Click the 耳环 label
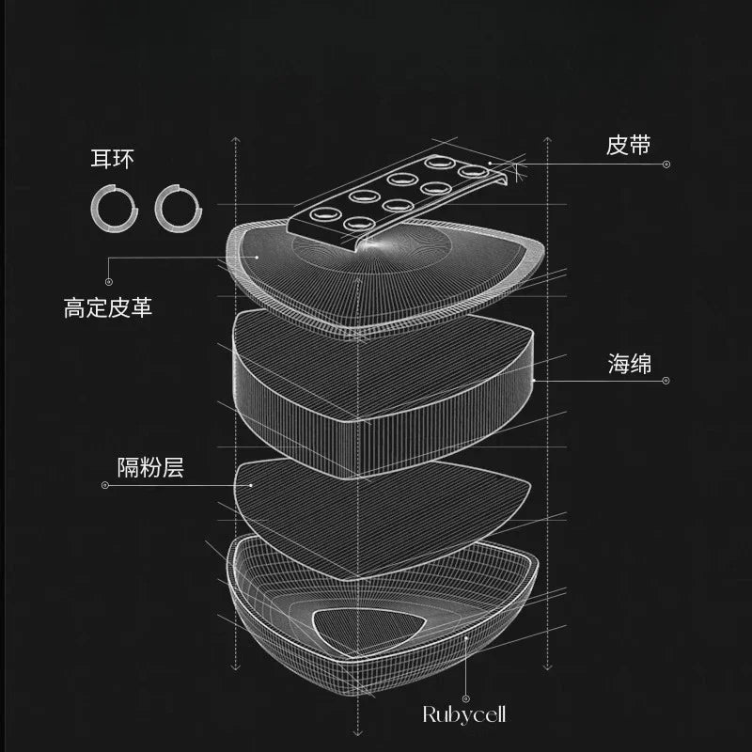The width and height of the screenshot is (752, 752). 112,158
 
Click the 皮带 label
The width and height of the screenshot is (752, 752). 629,146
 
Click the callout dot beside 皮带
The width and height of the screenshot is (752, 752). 666,164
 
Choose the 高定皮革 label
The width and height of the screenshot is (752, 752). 108,307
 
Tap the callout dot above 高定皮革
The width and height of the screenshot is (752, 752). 109,281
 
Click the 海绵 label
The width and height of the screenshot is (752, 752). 629,365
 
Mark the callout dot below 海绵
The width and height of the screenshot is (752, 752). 666,381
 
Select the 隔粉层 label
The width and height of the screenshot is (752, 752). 149,467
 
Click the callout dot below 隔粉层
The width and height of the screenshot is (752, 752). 105,486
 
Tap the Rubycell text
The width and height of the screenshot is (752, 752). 463,715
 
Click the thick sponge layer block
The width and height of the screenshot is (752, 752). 376,395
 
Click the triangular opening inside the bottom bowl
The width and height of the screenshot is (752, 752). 361,629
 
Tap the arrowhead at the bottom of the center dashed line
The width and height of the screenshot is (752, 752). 357,731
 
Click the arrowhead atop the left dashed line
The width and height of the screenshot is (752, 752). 234,141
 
